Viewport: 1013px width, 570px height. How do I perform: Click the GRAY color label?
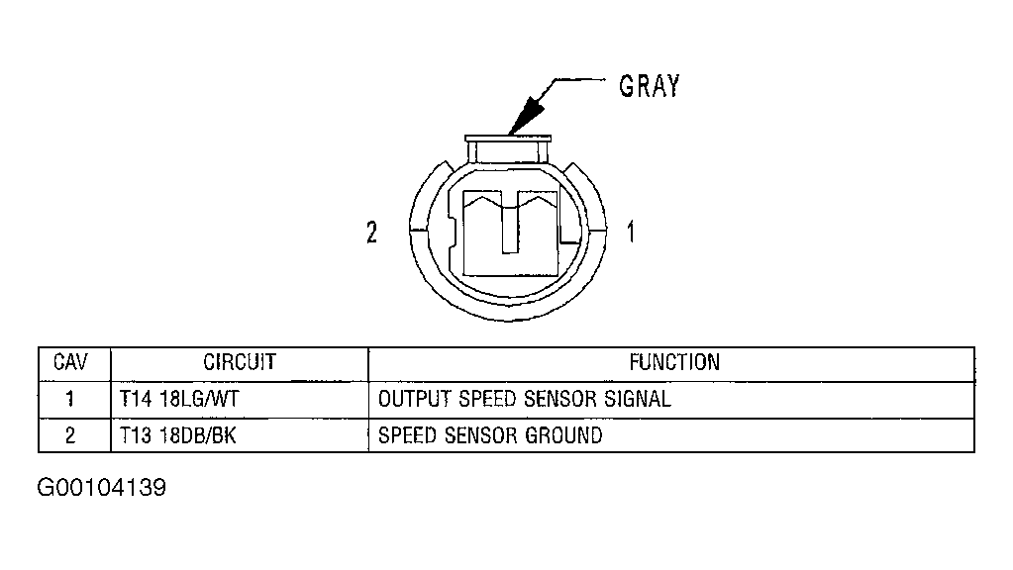pos(650,86)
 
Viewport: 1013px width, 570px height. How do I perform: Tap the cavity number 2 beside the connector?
pos(371,233)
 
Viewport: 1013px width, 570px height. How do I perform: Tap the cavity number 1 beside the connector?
pos(631,232)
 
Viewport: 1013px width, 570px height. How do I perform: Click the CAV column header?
pos(70,362)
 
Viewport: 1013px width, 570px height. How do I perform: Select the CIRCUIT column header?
pos(240,362)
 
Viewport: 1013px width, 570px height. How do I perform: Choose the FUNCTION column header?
pos(674,362)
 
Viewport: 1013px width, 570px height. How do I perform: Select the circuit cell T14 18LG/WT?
pos(179,399)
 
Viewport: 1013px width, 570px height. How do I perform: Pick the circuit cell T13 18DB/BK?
pos(177,435)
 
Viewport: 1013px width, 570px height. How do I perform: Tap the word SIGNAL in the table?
pos(637,399)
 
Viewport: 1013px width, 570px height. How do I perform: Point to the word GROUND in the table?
pos(563,435)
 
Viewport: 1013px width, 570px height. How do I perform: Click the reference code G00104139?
pos(101,488)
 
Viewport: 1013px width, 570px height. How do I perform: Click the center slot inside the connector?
pos(510,223)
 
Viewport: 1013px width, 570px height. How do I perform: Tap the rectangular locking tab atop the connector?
pos(508,149)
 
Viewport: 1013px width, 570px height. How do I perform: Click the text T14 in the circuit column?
pos(136,399)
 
